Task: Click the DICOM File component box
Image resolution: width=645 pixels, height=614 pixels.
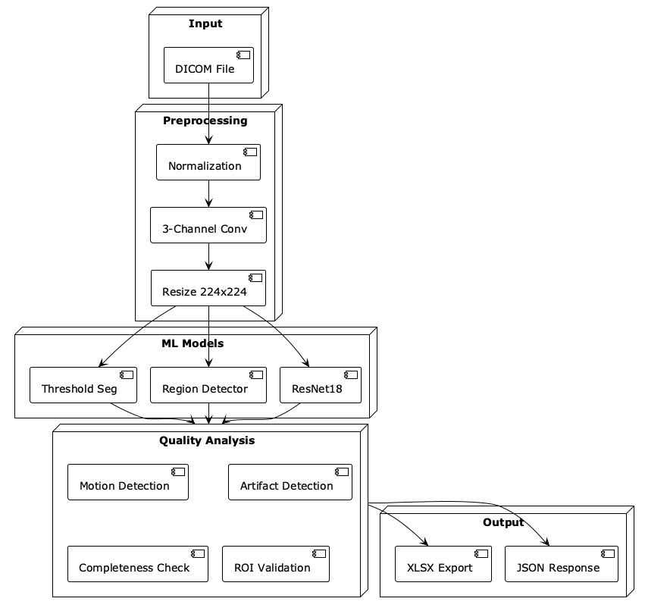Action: tap(208, 65)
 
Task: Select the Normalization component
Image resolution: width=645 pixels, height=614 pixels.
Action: tap(208, 162)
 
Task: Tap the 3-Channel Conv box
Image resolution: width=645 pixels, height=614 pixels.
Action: tap(208, 225)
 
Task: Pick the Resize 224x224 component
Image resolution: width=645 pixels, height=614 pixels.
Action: tap(208, 288)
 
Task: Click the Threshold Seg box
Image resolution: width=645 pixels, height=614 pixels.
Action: tap(83, 385)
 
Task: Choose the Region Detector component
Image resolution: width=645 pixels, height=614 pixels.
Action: tap(208, 385)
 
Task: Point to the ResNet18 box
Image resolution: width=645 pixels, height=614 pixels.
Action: tap(321, 385)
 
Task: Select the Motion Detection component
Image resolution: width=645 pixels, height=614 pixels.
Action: tap(128, 482)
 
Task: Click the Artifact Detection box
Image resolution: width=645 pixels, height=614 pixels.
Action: tap(290, 482)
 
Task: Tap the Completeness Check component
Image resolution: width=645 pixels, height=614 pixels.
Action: tap(138, 564)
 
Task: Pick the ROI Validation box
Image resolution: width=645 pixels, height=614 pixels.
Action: tap(276, 564)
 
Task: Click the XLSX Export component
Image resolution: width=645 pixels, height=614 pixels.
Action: tap(443, 564)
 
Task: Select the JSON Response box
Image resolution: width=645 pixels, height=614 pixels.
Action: tap(562, 564)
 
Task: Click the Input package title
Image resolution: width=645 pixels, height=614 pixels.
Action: tap(205, 23)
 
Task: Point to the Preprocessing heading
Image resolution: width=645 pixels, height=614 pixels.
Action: tap(205, 121)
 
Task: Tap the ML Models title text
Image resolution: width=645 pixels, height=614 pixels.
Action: tap(193, 343)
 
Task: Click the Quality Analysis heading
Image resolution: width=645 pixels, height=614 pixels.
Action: tap(207, 440)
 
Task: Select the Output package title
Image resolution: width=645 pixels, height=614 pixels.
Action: tap(503, 522)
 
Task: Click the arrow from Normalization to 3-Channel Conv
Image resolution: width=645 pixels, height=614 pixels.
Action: tap(208, 193)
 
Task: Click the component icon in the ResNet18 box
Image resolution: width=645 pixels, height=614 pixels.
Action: tap(351, 375)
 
